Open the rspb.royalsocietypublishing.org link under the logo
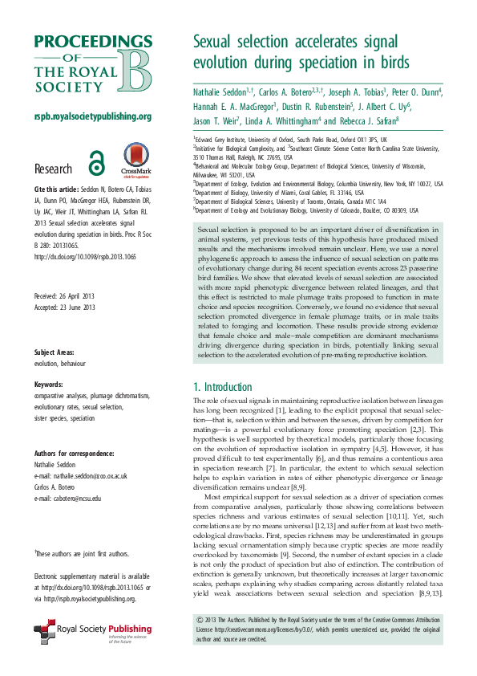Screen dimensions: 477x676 94,116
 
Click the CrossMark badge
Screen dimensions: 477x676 134,160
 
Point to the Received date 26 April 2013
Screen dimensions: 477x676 65,271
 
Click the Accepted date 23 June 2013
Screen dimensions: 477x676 65,284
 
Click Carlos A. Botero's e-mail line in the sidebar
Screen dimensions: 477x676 68,499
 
